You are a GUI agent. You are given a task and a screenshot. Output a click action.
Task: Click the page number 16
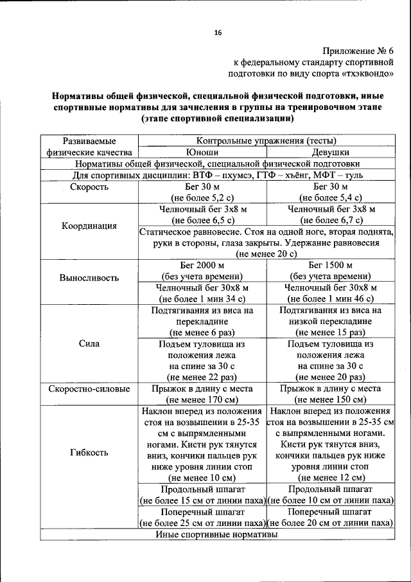(x=218, y=33)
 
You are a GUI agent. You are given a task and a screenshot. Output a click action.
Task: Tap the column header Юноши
(x=202, y=152)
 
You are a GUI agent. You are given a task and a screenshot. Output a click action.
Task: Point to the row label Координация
(x=89, y=226)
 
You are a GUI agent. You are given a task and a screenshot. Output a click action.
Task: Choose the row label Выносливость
(x=89, y=278)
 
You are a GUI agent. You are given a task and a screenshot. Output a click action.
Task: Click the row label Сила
(x=89, y=343)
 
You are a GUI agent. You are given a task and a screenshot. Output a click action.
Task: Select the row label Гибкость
(x=89, y=452)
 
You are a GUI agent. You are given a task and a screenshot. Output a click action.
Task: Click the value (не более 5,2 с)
(x=202, y=198)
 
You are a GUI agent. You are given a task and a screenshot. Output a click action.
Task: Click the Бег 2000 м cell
(x=202, y=265)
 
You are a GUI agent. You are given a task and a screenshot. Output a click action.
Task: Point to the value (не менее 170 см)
(x=202, y=399)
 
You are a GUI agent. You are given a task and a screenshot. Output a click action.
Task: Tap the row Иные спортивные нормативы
(x=217, y=535)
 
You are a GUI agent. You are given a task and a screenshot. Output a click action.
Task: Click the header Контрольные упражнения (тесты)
(x=266, y=141)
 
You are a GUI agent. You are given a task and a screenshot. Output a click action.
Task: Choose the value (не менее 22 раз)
(x=202, y=377)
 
